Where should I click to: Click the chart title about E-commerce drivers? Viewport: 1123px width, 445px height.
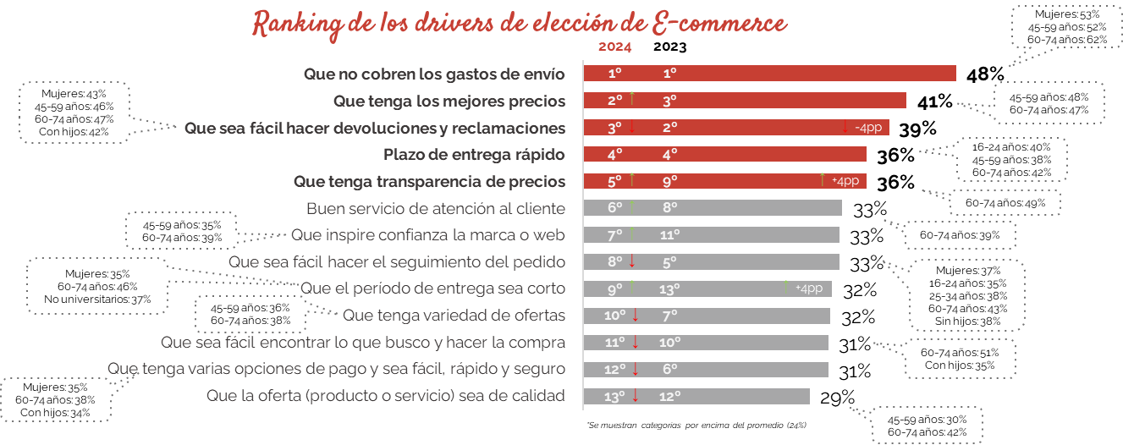[520, 24]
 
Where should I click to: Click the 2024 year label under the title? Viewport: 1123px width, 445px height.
[614, 47]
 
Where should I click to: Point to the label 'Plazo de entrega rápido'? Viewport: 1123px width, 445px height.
[474, 155]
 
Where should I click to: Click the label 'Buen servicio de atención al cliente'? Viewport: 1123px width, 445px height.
[436, 208]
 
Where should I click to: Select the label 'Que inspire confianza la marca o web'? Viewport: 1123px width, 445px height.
[428, 234]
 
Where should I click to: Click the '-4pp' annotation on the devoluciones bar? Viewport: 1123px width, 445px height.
[869, 128]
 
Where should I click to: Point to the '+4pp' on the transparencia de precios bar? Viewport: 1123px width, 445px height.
[845, 181]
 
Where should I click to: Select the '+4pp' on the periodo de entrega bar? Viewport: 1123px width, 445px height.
[809, 288]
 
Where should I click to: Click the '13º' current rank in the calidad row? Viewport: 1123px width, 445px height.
[614, 396]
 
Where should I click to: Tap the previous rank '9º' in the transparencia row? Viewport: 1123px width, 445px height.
[669, 181]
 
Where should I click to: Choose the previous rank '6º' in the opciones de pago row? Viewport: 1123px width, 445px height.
[669, 370]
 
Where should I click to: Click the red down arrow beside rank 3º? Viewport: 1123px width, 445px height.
[632, 127]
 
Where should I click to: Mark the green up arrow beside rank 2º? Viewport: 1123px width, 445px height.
[632, 100]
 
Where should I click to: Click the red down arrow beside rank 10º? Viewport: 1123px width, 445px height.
[636, 316]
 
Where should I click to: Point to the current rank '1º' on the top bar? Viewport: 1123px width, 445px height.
[615, 74]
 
